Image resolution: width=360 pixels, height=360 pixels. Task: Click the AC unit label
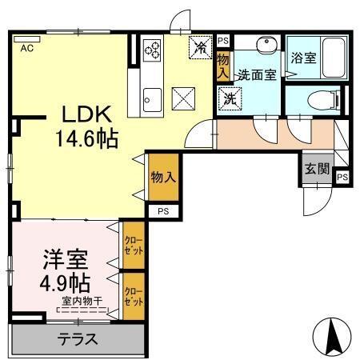pyautogui.click(x=27, y=48)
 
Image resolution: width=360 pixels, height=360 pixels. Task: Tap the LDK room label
pyautogui.click(x=86, y=114)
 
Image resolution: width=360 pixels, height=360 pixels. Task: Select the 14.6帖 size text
pyautogui.click(x=87, y=138)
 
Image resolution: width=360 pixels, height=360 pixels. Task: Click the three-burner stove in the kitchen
pyautogui.click(x=152, y=49)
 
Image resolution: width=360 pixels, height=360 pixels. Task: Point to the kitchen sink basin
pyautogui.click(x=152, y=100)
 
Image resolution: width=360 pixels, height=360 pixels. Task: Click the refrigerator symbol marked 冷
pyautogui.click(x=200, y=47)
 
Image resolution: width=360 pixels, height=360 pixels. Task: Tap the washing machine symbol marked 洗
pyautogui.click(x=230, y=99)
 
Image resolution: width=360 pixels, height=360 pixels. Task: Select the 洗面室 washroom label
pyautogui.click(x=257, y=75)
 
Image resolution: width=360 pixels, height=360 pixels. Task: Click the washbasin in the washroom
pyautogui.click(x=267, y=44)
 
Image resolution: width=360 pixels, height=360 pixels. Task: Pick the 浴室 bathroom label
pyautogui.click(x=303, y=58)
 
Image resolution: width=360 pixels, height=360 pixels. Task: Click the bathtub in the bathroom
pyautogui.click(x=334, y=58)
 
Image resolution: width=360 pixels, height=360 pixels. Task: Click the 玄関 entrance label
pyautogui.click(x=317, y=169)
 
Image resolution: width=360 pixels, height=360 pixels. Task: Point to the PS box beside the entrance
pyautogui.click(x=342, y=177)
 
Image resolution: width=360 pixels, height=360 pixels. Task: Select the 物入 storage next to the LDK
pyautogui.click(x=163, y=177)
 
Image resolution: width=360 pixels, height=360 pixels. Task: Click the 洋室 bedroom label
pyautogui.click(x=66, y=258)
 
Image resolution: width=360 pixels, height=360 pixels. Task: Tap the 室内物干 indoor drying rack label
pyautogui.click(x=82, y=301)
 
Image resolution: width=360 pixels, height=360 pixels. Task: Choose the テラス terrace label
pyautogui.click(x=78, y=339)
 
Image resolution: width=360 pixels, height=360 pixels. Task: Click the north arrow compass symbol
pyautogui.click(x=332, y=337)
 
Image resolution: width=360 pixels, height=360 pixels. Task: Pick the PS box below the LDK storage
pyautogui.click(x=163, y=211)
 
